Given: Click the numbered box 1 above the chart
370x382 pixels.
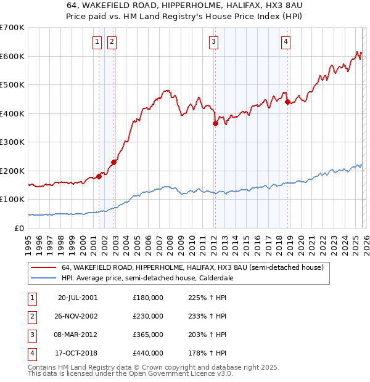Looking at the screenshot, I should (x=98, y=42).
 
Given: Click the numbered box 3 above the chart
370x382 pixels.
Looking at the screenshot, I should (x=213, y=42).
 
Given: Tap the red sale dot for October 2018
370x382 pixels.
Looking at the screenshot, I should (x=287, y=102).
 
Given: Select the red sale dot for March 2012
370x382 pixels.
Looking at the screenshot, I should (x=215, y=123).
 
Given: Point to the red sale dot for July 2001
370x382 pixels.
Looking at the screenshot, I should (x=99, y=176).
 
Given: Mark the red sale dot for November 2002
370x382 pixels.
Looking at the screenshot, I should (x=113, y=162).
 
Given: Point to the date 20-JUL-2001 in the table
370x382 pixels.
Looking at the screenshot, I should (x=78, y=298).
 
